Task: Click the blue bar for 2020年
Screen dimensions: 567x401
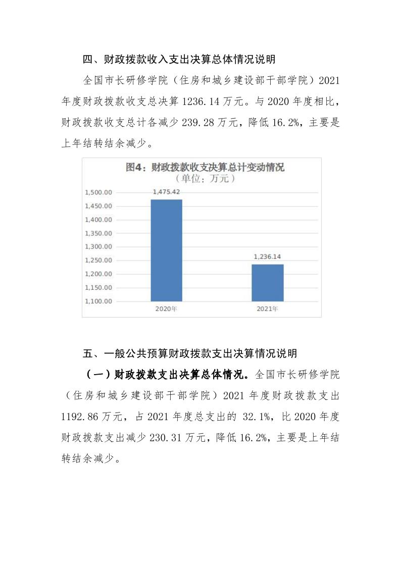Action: tap(167, 250)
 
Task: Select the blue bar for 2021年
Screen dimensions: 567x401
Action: tap(268, 282)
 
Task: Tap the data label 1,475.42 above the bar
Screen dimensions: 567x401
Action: tap(167, 192)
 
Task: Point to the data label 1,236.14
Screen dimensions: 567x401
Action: tap(268, 256)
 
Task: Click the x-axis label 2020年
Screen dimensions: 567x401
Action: tap(167, 309)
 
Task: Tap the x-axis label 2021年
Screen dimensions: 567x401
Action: tap(268, 309)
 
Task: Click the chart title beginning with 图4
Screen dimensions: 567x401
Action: tap(205, 168)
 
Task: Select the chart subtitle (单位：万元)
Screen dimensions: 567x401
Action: tap(205, 179)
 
